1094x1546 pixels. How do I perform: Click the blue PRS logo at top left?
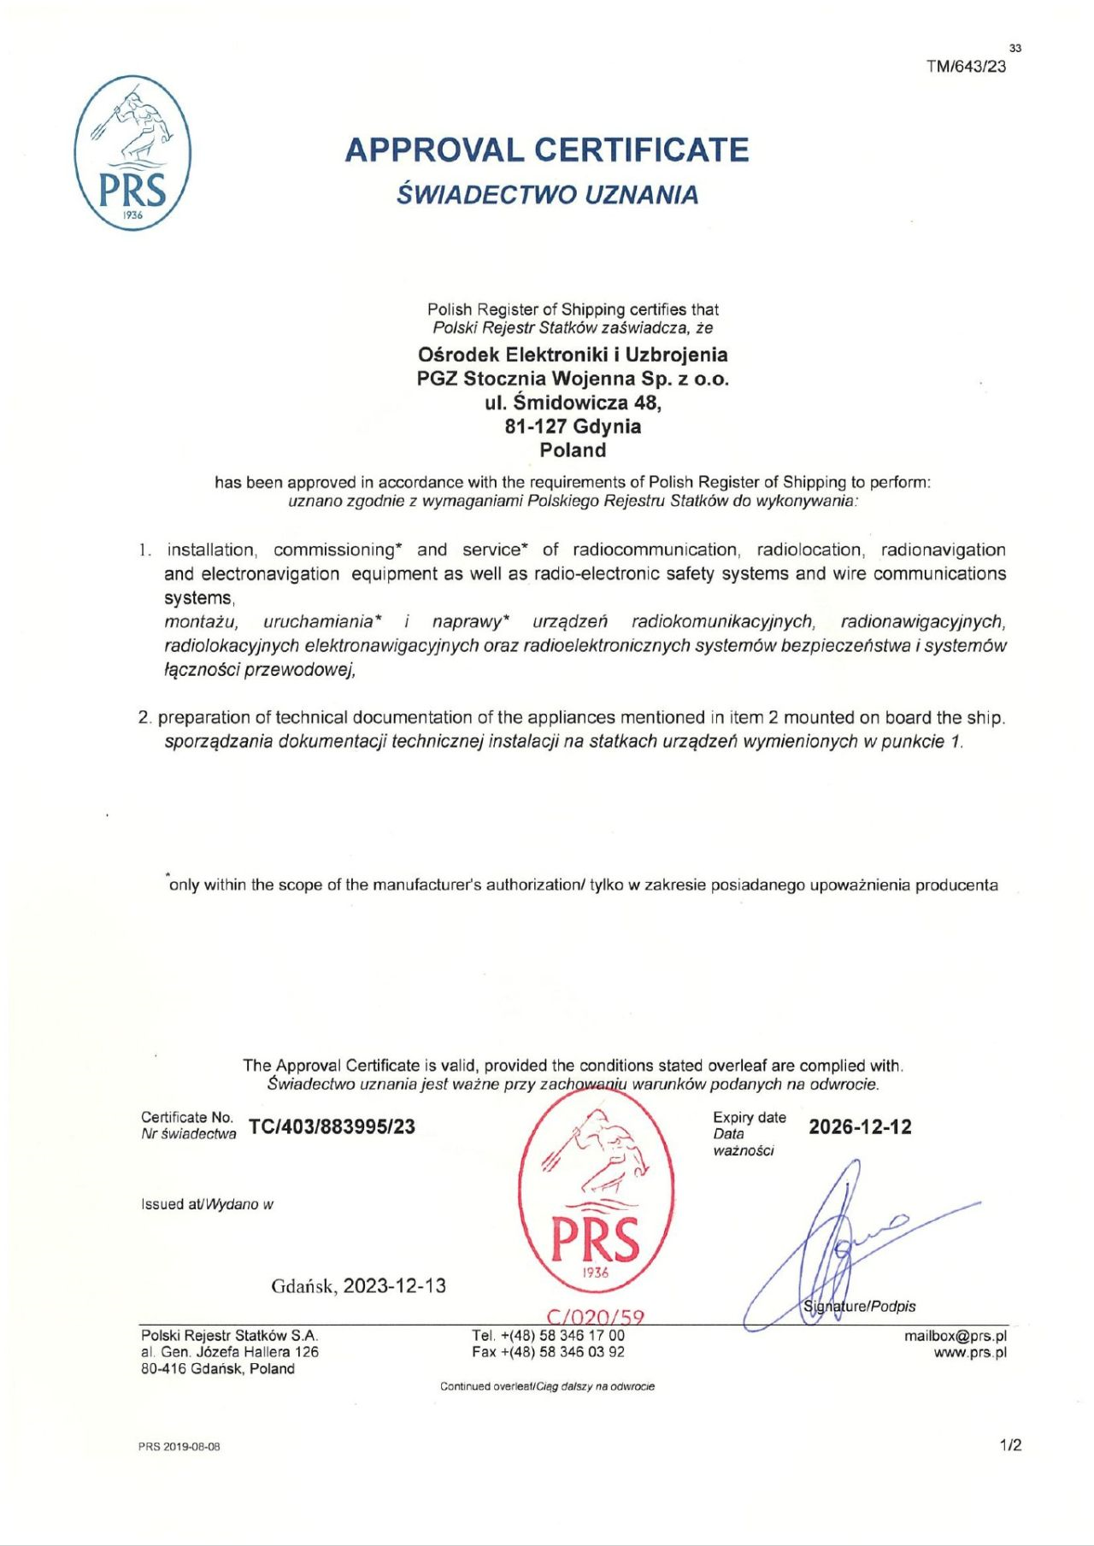[x=132, y=153]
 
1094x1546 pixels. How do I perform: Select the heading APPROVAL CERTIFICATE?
[x=547, y=150]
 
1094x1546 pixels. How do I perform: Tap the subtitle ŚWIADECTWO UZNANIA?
[x=547, y=195]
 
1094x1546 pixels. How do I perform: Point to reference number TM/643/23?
[x=966, y=67]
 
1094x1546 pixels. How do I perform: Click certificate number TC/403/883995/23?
[x=332, y=1126]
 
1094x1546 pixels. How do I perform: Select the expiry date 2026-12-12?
[x=860, y=1126]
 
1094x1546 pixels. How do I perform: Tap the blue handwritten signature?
[x=838, y=1239]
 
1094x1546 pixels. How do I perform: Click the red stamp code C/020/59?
[x=595, y=1317]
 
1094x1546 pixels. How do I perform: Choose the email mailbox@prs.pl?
[x=956, y=1336]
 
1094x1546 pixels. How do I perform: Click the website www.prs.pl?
[x=970, y=1352]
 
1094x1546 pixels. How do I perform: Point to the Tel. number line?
[x=548, y=1335]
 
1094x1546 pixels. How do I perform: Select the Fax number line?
[x=548, y=1352]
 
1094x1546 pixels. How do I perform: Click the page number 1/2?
[x=1011, y=1445]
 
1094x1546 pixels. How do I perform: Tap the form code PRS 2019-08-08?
[x=179, y=1447]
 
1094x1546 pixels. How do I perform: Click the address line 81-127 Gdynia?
[x=573, y=426]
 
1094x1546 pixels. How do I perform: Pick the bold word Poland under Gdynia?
[x=573, y=450]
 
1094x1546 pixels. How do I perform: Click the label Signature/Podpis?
[x=860, y=1306]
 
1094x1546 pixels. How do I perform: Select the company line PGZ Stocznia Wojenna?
[x=573, y=379]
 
